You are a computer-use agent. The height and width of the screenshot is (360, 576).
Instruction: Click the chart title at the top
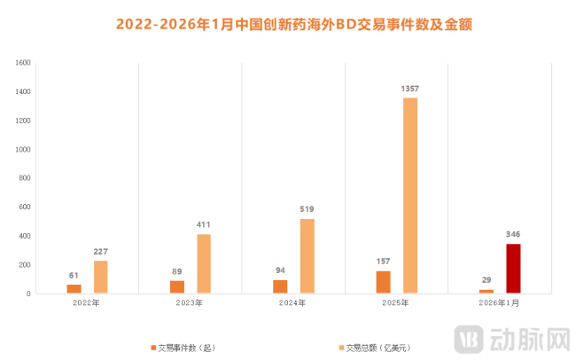point(288,25)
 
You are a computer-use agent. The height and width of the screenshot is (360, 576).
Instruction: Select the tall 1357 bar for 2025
point(409,195)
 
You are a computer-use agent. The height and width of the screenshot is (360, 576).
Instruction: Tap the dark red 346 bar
point(513,269)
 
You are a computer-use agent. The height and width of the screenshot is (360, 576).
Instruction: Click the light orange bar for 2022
point(101,277)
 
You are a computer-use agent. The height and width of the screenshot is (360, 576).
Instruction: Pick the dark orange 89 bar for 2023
point(177,286)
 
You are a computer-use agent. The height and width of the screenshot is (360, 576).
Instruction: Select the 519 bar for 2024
point(307,255)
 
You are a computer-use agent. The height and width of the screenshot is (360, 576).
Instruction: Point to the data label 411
point(204,225)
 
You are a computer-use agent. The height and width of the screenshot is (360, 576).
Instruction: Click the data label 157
point(383,262)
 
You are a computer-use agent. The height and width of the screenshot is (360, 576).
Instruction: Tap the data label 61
point(74,276)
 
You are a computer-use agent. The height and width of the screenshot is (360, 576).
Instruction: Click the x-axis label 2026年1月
point(500,303)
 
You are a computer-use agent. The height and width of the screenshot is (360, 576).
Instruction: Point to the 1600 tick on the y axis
point(23,63)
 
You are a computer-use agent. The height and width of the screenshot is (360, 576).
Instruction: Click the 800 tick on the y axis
point(25,178)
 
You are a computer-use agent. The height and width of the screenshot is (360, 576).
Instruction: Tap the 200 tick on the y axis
point(25,264)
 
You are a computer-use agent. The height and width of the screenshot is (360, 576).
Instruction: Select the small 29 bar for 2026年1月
point(486,291)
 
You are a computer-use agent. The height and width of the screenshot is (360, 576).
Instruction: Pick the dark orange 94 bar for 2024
point(280,286)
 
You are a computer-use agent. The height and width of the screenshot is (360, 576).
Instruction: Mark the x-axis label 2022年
point(87,303)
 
